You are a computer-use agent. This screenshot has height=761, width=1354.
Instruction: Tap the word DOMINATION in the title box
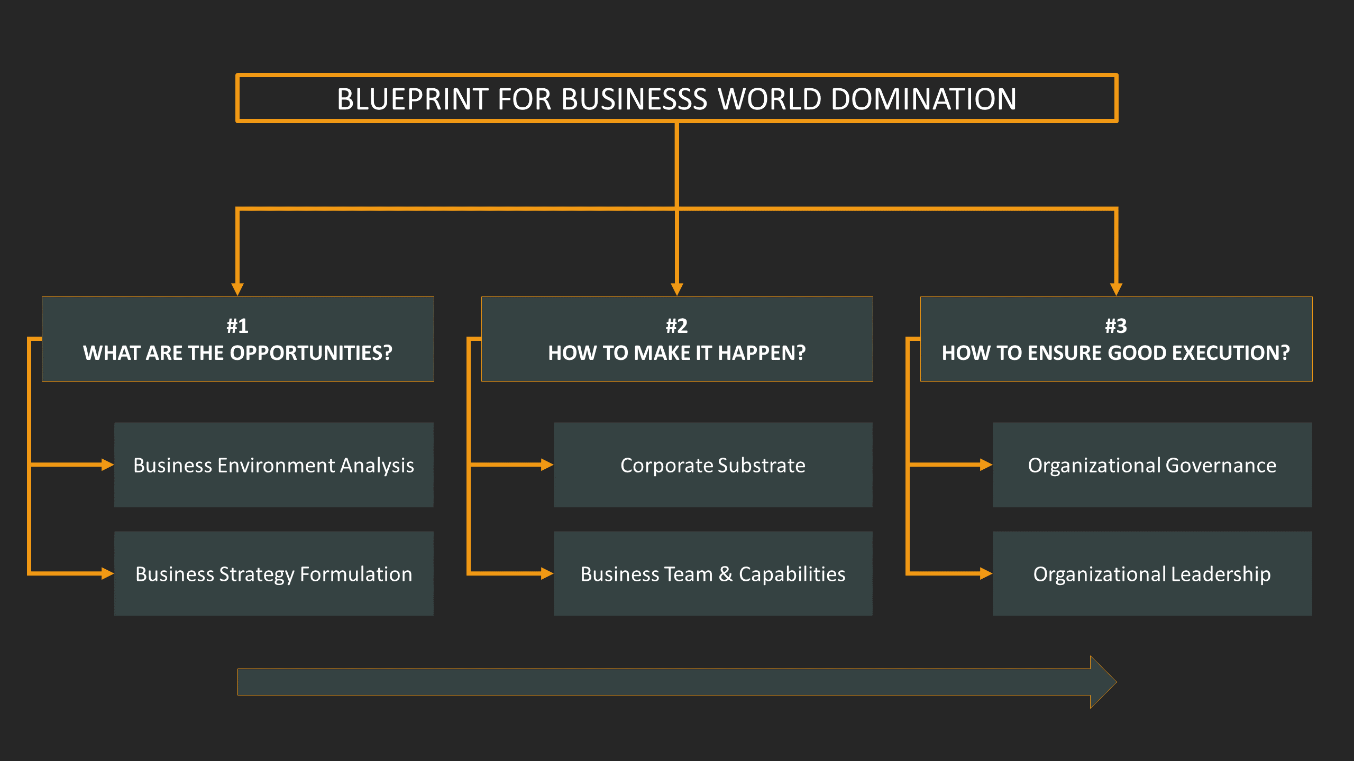923,99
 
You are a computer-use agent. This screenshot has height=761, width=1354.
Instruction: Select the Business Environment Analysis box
273,465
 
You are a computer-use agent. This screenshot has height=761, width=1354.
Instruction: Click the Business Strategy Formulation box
273,574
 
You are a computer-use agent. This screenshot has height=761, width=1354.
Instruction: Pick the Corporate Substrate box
712,465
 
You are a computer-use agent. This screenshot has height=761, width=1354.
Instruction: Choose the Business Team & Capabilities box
712,574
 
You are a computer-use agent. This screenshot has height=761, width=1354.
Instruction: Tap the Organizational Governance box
1152,465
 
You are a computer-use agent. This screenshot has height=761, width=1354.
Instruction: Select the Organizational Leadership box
1152,574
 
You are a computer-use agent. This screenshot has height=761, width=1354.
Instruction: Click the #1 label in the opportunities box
237,326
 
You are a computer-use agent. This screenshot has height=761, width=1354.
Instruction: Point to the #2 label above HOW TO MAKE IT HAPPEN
676,326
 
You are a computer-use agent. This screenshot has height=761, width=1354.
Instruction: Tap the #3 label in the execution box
1116,326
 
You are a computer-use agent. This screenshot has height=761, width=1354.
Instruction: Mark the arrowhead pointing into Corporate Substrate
547,465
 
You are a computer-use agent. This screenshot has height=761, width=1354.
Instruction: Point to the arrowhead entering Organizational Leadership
986,573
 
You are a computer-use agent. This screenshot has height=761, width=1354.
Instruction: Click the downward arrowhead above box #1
237,289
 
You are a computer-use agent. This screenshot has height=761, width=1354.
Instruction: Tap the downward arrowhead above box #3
1116,289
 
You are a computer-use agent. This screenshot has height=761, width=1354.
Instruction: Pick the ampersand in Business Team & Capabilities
726,574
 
